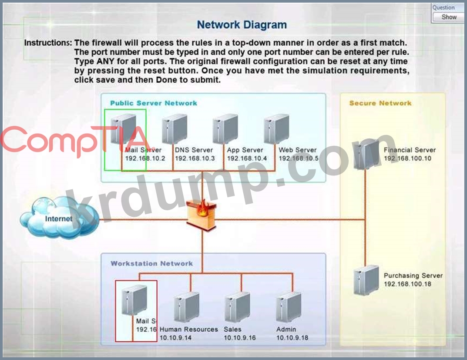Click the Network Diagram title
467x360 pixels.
click(242, 25)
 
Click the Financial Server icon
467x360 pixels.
click(366, 154)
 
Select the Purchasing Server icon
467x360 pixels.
click(365, 279)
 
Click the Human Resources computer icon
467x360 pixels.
click(186, 307)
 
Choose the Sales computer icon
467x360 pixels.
click(237, 307)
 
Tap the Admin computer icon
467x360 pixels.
click(289, 307)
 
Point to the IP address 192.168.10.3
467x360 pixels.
click(195, 158)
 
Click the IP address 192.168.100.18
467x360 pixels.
click(407, 284)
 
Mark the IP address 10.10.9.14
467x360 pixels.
click(176, 338)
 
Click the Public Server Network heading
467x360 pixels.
click(153, 103)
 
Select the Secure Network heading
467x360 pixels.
click(380, 103)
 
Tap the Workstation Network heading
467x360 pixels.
click(151, 263)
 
